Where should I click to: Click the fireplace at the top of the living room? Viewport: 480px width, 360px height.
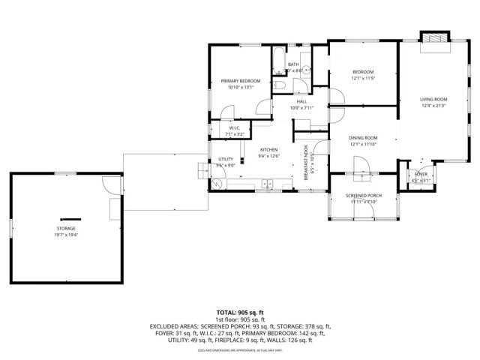coord(434,38)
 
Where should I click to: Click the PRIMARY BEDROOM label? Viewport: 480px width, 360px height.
coord(240,81)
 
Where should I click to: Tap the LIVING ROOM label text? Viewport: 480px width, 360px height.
coord(433,99)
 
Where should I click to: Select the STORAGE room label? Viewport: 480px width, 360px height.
coord(65,228)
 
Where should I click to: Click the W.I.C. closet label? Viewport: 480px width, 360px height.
coord(235,128)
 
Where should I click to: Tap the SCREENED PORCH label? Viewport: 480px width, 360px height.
coord(362,196)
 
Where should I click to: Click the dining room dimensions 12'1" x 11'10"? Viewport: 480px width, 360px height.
coord(362,144)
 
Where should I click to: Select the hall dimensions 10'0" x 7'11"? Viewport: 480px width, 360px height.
coord(301,108)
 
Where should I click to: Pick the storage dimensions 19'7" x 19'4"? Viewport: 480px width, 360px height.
coord(65,235)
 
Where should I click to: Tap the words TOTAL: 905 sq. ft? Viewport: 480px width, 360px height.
coord(240,311)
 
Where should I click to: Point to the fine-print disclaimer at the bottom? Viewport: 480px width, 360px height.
coord(240,350)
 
